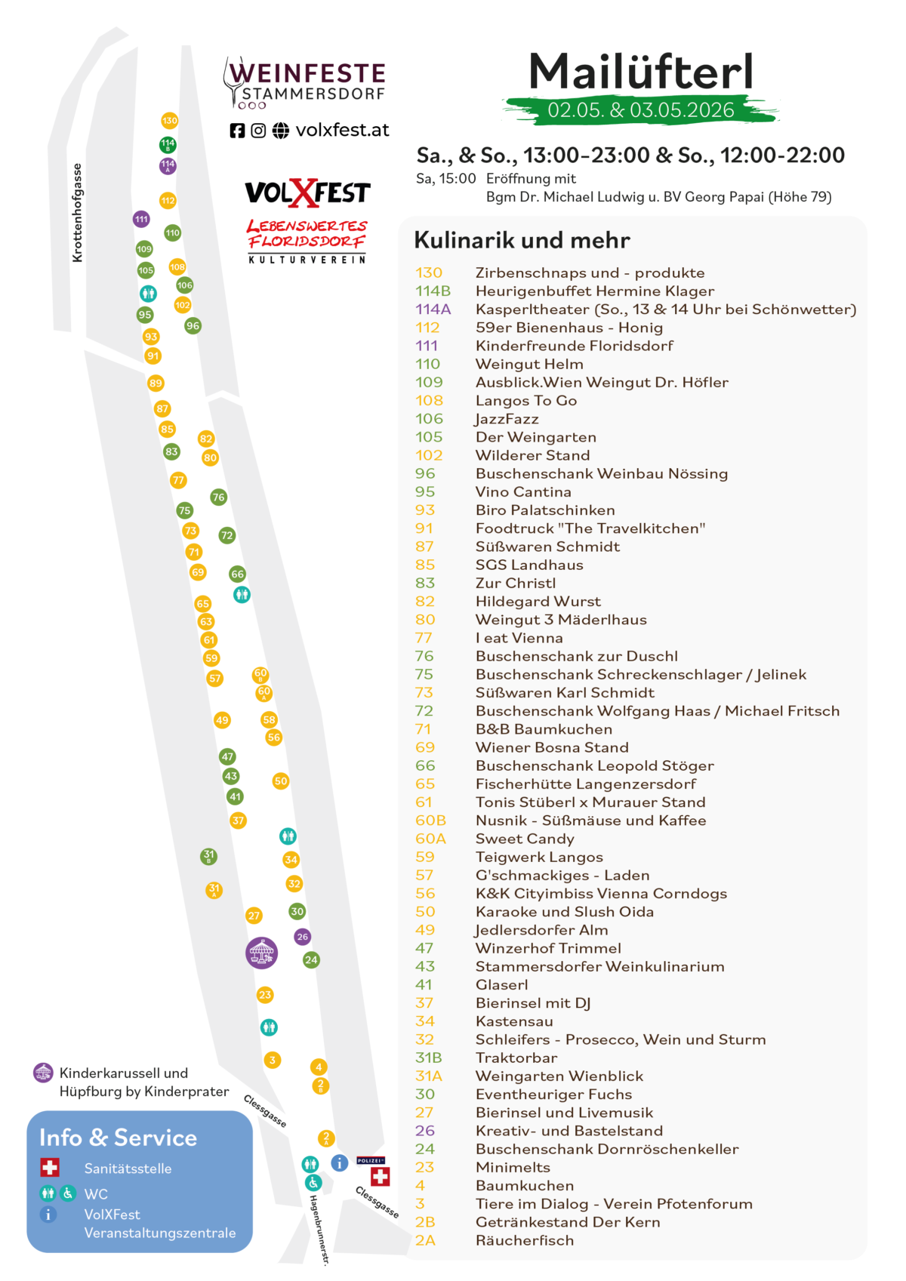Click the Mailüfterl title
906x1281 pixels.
click(640, 72)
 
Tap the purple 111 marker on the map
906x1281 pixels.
click(141, 219)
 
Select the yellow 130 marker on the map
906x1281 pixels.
click(169, 121)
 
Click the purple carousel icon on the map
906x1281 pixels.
click(261, 953)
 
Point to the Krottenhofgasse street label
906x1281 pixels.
click(77, 213)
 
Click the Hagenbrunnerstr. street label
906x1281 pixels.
click(319, 1230)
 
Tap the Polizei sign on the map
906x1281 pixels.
click(371, 1160)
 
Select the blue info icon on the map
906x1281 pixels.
click(339, 1162)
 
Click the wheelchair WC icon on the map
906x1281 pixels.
click(313, 1182)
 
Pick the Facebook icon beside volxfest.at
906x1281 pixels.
click(237, 131)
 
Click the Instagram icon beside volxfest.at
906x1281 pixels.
click(258, 131)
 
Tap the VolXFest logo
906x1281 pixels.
click(308, 192)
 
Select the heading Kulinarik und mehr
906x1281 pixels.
click(522, 240)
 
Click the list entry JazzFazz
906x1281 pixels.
click(507, 419)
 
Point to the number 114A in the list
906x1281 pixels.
click(433, 309)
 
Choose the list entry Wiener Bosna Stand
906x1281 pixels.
click(552, 747)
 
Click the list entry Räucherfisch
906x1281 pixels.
click(525, 1240)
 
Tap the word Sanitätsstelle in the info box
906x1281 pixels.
click(128, 1169)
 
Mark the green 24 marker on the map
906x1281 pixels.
click(311, 959)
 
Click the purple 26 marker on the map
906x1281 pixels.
click(303, 937)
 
